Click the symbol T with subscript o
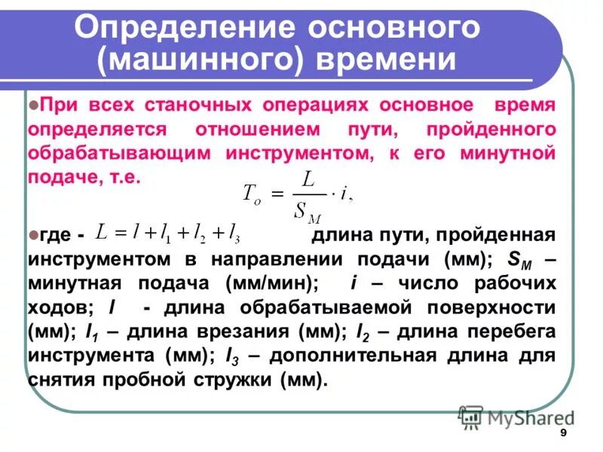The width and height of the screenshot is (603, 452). tap(250, 193)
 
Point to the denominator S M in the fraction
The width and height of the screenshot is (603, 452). tap(305, 209)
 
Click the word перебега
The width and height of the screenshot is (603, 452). tap(503, 332)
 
